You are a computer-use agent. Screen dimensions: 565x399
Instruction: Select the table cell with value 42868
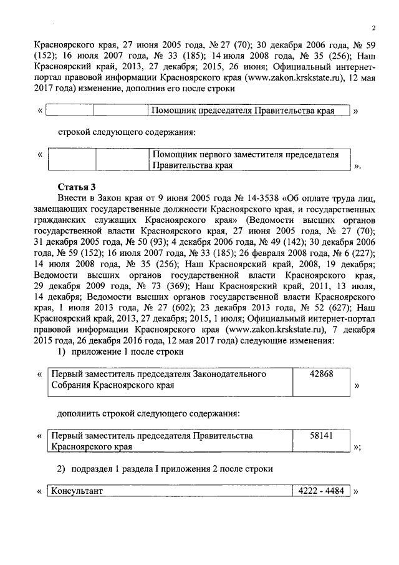click(x=322, y=374)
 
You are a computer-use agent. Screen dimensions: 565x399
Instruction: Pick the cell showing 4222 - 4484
click(x=322, y=491)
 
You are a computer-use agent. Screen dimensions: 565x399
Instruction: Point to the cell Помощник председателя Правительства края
click(x=243, y=111)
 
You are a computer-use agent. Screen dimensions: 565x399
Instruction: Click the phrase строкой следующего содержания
click(x=127, y=132)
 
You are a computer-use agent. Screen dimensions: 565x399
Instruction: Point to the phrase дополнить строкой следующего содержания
click(x=149, y=413)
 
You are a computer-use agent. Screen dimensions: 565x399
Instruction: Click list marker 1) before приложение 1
click(x=62, y=352)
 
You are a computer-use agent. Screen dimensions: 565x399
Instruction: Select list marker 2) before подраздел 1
click(x=62, y=468)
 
